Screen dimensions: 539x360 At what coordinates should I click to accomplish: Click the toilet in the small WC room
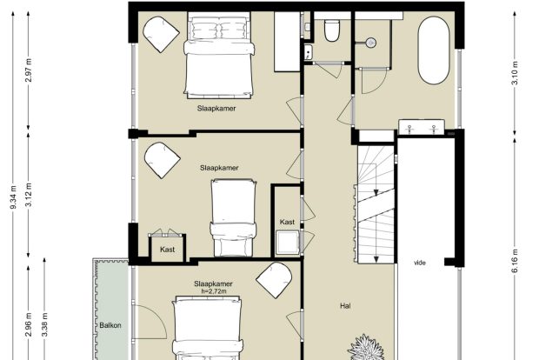coord(332,30)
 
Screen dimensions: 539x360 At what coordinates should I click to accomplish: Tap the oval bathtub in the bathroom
coord(434,50)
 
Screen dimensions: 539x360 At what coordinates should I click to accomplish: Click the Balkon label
coord(110,325)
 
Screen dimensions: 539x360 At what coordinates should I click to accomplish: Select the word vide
coord(420,263)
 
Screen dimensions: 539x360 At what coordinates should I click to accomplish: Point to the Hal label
coord(345,306)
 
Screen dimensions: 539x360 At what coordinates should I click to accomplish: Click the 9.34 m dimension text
coord(13,197)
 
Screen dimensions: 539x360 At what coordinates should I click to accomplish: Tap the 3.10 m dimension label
coord(515,73)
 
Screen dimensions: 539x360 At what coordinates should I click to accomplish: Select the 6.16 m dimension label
coord(515,261)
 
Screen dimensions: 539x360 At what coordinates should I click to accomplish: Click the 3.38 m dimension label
coord(44,324)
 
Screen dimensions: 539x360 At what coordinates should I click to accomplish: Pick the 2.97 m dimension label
coord(29,70)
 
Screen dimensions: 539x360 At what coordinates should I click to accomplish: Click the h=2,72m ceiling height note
coord(214,291)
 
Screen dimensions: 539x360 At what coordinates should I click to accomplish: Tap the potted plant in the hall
coord(367,348)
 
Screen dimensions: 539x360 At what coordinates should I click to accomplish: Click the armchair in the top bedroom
coord(161,34)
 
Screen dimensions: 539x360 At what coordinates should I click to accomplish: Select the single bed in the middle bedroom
coord(233,217)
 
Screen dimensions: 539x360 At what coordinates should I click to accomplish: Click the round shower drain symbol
coord(371,43)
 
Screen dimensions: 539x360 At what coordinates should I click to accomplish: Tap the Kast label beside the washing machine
coord(287,222)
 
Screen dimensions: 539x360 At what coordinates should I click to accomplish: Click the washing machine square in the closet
coord(288,243)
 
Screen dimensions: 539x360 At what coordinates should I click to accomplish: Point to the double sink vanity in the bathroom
coord(422,127)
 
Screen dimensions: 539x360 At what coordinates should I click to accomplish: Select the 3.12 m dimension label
coord(29,195)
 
